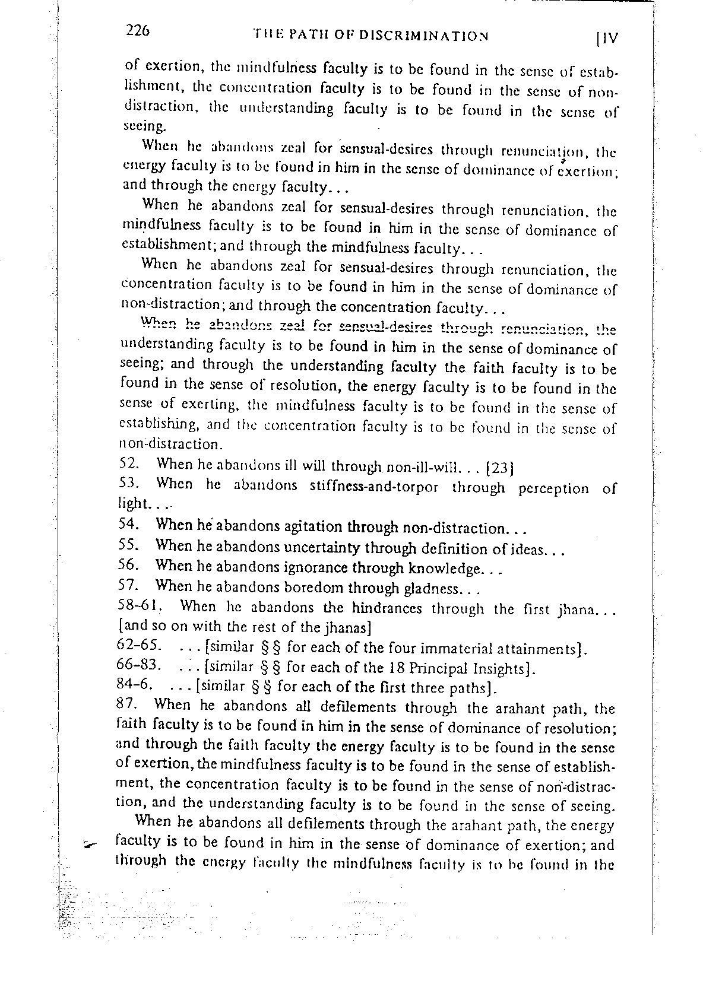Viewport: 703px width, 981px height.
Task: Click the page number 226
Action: pyautogui.click(x=137, y=31)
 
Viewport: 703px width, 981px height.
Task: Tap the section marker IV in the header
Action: pyautogui.click(x=607, y=39)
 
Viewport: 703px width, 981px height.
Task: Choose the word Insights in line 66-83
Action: pyautogui.click(x=501, y=668)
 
